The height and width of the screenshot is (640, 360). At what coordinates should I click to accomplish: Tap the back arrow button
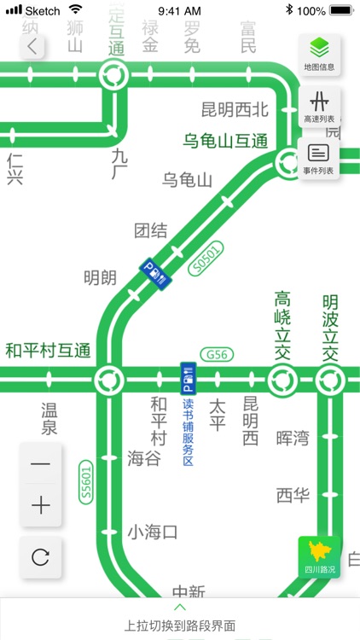[32, 46]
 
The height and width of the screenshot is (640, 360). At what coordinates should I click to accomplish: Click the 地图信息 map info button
[319, 53]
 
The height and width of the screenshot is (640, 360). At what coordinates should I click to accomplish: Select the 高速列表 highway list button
[319, 106]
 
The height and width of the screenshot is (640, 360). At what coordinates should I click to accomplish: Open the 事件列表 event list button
[319, 158]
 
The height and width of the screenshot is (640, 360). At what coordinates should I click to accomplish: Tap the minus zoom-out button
[40, 464]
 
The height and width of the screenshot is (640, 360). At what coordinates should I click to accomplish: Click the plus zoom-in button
[40, 505]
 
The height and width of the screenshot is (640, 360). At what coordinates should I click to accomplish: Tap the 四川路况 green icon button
[318, 556]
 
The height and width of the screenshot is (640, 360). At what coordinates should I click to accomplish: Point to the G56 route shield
[215, 354]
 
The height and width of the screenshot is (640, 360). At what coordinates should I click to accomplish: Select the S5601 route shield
[85, 482]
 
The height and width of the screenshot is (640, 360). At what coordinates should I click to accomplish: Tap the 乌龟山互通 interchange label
[225, 140]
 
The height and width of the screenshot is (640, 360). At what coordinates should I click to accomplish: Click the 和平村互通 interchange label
[47, 350]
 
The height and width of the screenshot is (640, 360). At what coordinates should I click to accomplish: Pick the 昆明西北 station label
[235, 109]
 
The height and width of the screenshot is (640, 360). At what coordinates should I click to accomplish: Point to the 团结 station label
[150, 230]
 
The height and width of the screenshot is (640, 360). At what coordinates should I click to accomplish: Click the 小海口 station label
[153, 532]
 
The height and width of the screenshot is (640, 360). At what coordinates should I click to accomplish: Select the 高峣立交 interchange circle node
[282, 377]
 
